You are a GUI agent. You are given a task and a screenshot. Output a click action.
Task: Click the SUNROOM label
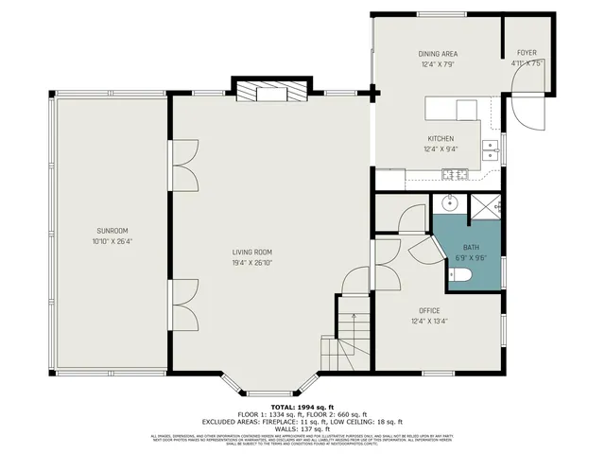tap(112, 232)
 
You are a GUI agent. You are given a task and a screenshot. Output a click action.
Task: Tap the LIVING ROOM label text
tap(252, 252)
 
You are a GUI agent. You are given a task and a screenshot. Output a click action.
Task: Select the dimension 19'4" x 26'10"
tap(252, 263)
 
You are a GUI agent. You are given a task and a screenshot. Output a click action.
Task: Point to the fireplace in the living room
tap(271, 92)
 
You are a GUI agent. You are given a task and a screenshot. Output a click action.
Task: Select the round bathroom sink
tap(448, 203)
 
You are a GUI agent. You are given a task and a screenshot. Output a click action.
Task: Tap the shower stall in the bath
tap(486, 205)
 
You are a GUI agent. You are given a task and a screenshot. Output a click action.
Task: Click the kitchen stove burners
tap(454, 172)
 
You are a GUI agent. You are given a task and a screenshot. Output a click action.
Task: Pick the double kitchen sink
tap(490, 148)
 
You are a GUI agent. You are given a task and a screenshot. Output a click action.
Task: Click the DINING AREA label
tap(438, 54)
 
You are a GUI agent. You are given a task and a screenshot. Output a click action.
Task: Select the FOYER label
tap(526, 54)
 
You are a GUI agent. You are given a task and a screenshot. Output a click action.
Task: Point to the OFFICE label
tap(430, 310)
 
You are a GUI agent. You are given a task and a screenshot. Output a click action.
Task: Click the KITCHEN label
tap(440, 138)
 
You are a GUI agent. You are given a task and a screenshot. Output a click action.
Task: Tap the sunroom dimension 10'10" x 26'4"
tap(112, 243)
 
